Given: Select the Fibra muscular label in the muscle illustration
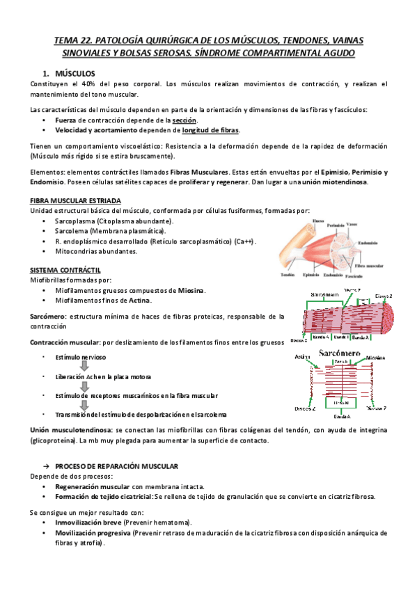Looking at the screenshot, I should point(371,265).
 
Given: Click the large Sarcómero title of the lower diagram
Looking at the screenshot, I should point(338,353).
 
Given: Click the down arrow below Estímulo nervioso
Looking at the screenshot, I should point(83,367).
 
